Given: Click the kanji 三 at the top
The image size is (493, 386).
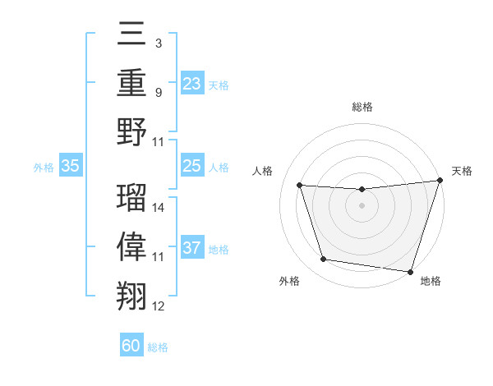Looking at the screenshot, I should click(131, 36).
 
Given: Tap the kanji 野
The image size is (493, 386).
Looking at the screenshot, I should click(131, 131).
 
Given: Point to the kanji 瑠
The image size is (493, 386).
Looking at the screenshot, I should click(131, 197).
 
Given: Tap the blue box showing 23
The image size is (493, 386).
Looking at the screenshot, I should click(192, 84).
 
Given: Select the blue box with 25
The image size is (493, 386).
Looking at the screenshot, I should click(192, 166).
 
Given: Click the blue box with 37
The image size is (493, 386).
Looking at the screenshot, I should click(192, 248).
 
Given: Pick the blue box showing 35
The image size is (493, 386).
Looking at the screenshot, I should click(71, 166).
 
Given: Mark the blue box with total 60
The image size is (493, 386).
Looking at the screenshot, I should click(131, 346).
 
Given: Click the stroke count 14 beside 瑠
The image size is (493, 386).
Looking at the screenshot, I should click(159, 208).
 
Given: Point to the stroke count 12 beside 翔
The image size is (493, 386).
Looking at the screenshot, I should click(159, 306).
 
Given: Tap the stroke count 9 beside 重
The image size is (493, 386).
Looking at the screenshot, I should click(158, 93).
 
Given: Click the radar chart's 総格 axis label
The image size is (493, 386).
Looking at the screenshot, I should click(362, 108).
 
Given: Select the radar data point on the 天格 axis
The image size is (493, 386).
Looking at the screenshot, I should click(440, 181).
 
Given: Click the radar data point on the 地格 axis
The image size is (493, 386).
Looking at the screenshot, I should click(410, 271).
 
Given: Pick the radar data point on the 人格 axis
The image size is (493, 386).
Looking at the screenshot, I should click(300, 186).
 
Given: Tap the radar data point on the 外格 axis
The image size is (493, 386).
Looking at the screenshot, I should click(324, 260).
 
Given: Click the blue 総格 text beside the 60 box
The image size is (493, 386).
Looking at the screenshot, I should click(158, 347).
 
